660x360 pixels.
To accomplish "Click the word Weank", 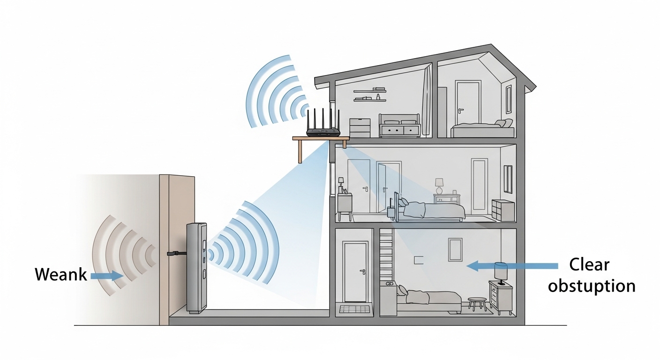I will [x=61, y=274].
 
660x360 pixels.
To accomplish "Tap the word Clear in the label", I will [x=589, y=265].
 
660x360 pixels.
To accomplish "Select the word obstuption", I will [x=592, y=285].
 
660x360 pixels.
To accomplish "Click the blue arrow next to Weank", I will [x=106, y=276].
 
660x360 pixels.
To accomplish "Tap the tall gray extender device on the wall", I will [x=196, y=268].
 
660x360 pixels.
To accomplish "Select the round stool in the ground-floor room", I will [x=477, y=303].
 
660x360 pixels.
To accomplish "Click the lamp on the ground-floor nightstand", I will [x=501, y=272].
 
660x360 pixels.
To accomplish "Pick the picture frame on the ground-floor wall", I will [x=455, y=249].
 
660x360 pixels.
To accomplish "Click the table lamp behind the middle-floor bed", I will [x=439, y=185].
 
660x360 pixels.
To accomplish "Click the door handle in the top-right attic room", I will [x=461, y=111].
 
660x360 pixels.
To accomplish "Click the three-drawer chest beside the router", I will [x=360, y=127].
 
